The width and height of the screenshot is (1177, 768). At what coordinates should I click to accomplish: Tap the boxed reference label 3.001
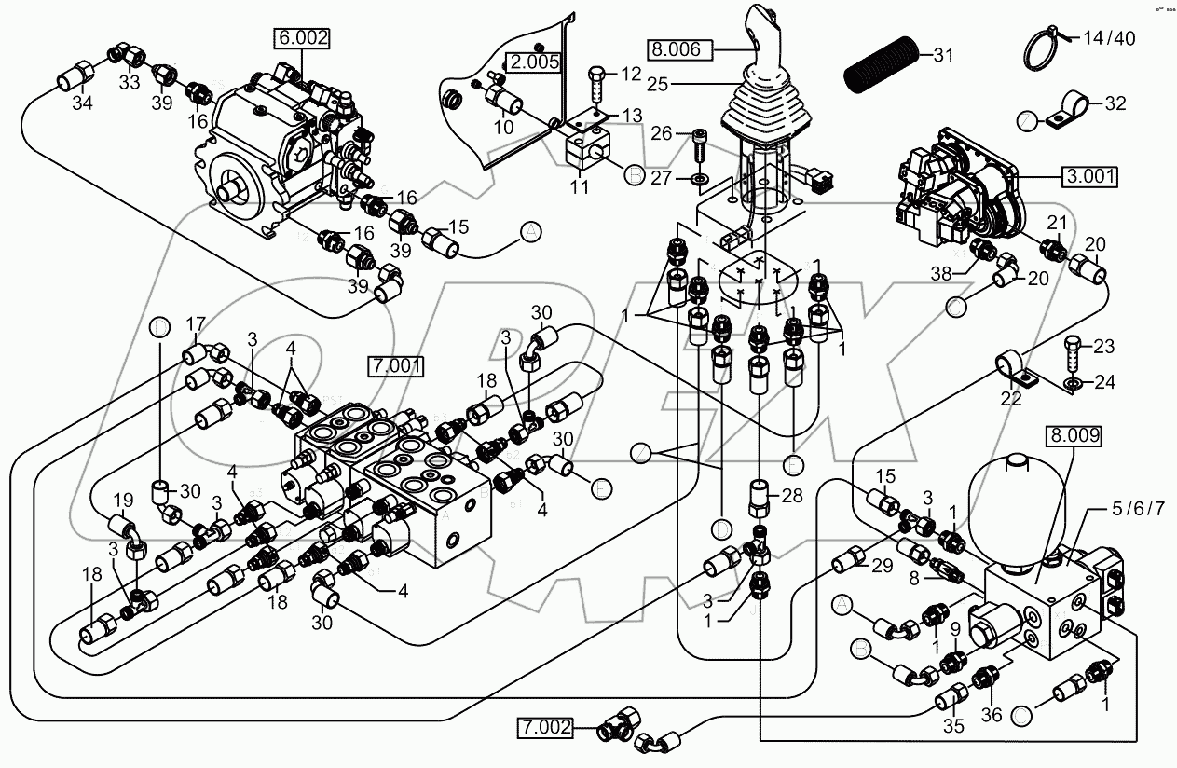(x=1088, y=175)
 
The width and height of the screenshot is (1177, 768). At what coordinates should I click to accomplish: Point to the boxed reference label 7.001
(x=396, y=363)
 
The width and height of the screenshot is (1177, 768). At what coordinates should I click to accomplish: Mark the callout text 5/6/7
(x=1132, y=508)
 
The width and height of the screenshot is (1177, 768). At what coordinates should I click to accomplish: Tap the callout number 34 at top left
(x=82, y=103)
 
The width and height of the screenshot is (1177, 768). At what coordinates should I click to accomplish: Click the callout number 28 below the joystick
(x=791, y=496)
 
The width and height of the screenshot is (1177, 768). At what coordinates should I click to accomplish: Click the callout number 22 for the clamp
(x=1009, y=399)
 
